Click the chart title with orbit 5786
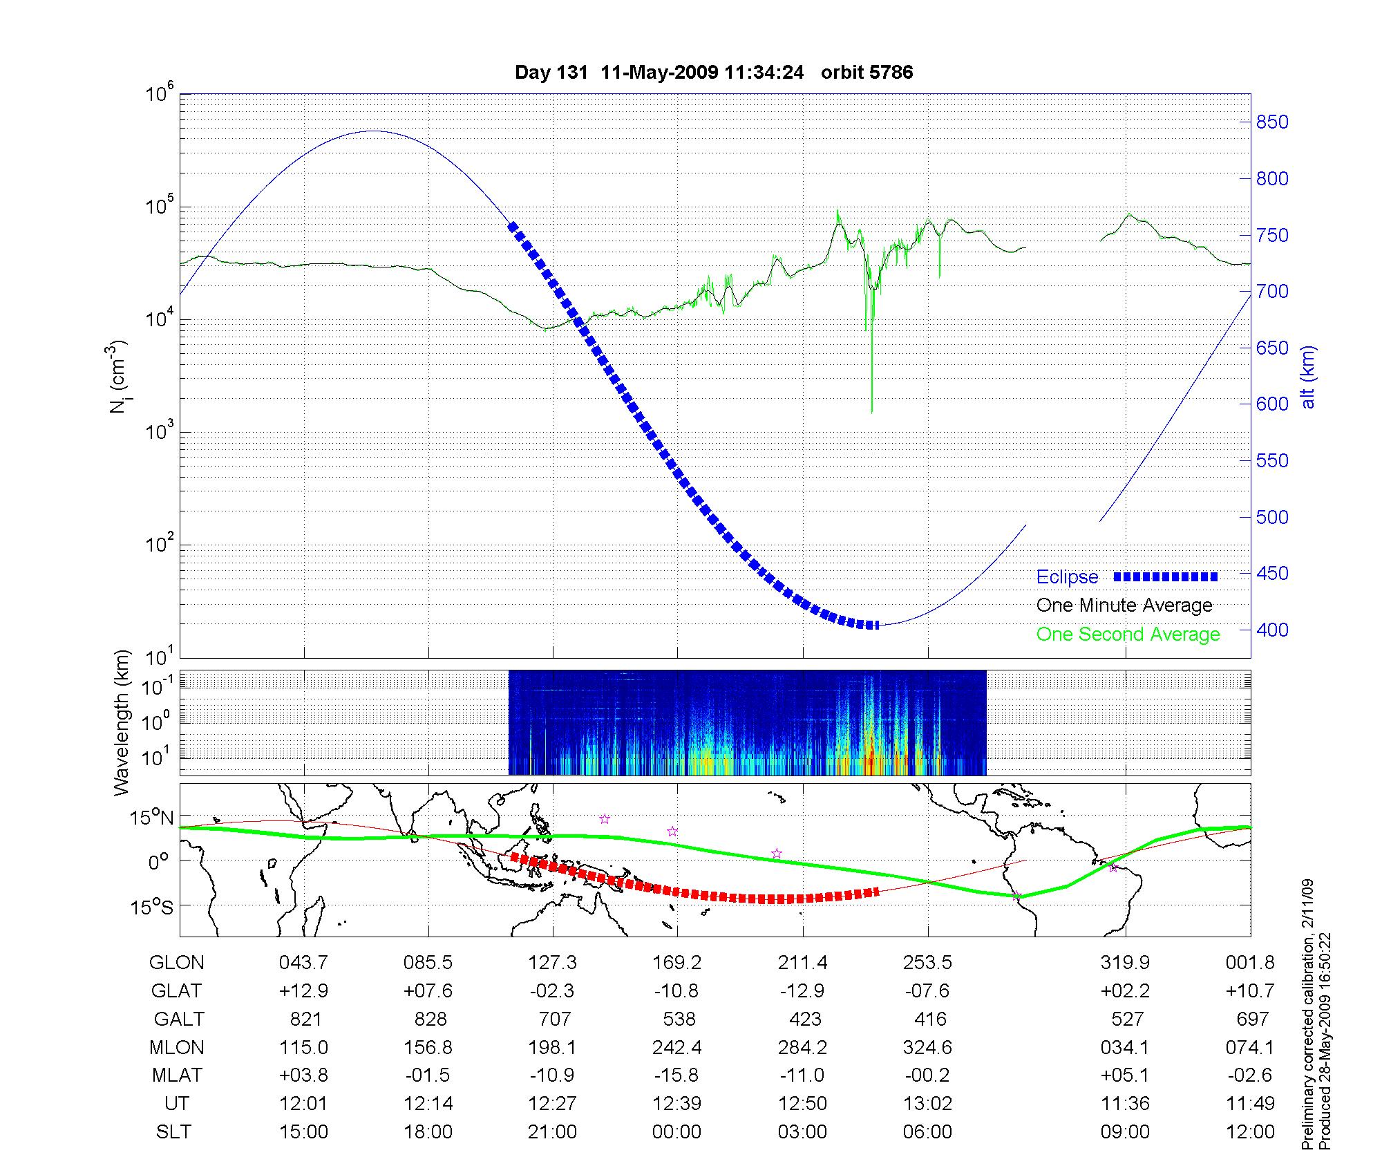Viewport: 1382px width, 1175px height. [x=714, y=73]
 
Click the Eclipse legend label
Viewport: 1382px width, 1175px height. [x=1067, y=577]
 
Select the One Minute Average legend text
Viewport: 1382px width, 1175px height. [x=1124, y=605]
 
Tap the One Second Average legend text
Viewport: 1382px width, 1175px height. [x=1128, y=634]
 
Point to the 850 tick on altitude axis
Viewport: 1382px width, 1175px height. [x=1272, y=122]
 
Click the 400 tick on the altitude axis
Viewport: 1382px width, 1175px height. [x=1272, y=630]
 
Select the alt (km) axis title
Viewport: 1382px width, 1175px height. [x=1308, y=377]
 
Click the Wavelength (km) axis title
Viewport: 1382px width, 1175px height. [x=122, y=722]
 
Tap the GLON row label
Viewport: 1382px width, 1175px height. [x=176, y=963]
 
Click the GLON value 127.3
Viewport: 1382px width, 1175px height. [x=552, y=963]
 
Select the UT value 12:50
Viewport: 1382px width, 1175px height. [x=802, y=1104]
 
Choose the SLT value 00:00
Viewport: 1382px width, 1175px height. [x=676, y=1132]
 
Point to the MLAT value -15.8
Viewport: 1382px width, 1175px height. [x=676, y=1075]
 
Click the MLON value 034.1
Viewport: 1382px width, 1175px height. [x=1125, y=1048]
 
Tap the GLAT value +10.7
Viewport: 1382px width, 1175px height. [x=1249, y=991]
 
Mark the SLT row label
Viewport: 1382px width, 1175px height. [x=173, y=1132]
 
